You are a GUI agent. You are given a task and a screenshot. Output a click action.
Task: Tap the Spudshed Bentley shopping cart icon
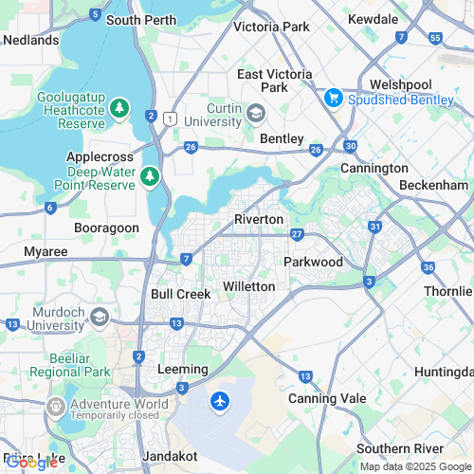point(333,97)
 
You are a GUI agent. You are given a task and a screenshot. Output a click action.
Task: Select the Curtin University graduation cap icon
point(255,114)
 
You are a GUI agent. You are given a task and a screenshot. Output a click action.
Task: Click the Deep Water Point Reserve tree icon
point(149,176)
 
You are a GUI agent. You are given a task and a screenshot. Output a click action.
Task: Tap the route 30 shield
point(351,146)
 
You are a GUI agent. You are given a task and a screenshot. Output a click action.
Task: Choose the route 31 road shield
point(375,228)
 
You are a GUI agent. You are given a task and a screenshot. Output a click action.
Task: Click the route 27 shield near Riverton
point(297,234)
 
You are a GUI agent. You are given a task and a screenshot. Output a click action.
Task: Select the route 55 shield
point(435,38)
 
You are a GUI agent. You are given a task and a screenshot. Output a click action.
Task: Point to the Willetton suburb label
point(248,285)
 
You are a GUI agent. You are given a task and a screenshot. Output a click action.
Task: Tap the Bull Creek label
point(180,294)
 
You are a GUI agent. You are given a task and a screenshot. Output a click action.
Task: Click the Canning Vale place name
point(319,398)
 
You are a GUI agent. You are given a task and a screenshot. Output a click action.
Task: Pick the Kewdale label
point(373,18)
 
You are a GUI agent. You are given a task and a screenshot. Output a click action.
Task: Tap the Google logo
point(33,463)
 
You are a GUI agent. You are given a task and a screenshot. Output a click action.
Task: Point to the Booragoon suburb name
point(106,228)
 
